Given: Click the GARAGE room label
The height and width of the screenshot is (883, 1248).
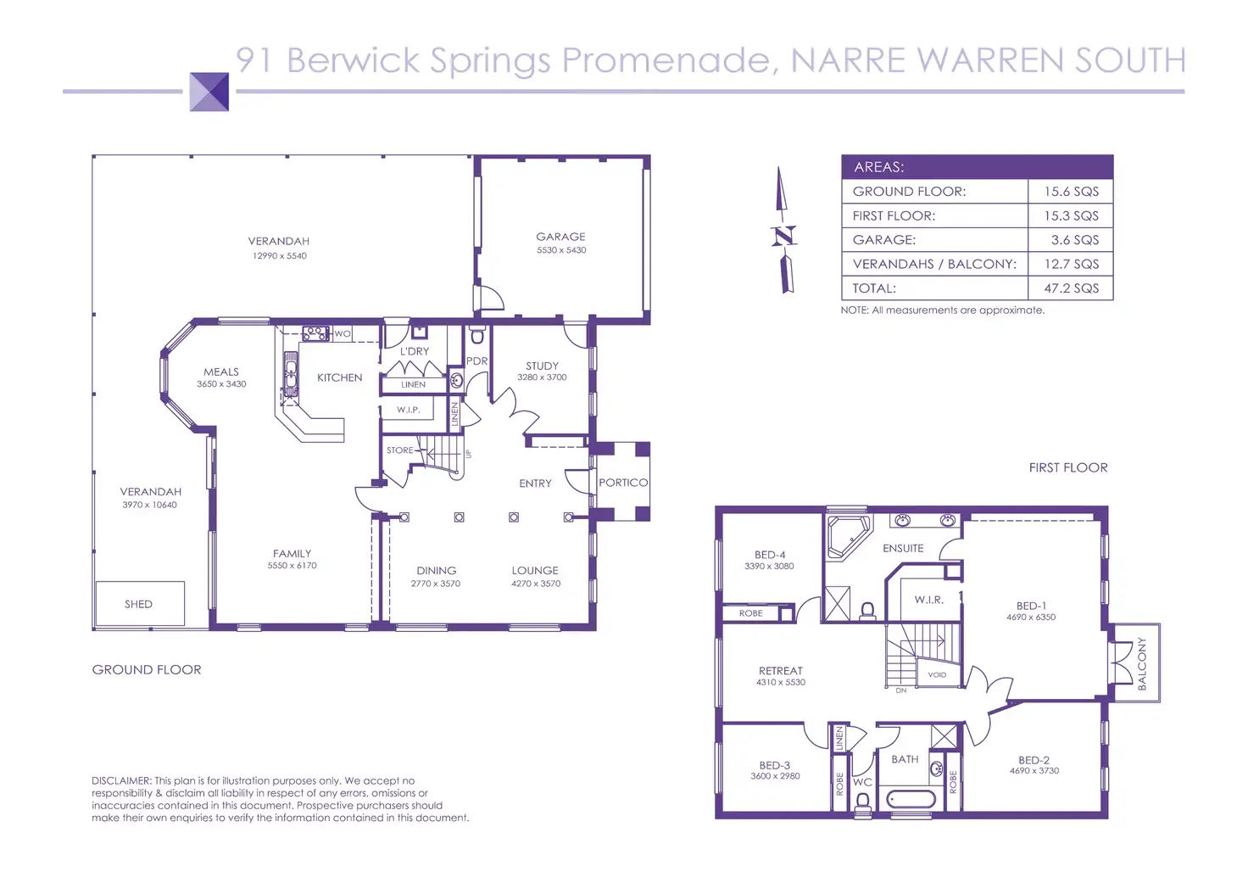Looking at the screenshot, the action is [560, 237].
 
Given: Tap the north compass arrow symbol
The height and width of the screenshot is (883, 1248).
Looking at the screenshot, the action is [784, 232].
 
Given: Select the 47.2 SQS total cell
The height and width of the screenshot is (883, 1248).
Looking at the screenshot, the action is [1071, 288].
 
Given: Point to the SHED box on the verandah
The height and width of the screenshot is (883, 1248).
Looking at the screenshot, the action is [139, 604].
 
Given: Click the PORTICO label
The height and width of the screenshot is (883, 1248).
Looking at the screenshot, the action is [623, 483].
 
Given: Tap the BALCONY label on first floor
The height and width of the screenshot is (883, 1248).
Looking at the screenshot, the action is [1141, 663].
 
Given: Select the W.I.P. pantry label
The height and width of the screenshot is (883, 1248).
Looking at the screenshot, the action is [409, 410].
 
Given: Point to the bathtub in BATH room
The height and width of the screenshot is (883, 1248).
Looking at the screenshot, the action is [911, 799].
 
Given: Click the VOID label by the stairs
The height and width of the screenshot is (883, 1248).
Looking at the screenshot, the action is [937, 675].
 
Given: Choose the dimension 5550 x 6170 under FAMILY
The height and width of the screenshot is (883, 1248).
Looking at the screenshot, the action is [292, 566].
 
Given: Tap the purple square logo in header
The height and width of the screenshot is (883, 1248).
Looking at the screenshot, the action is [209, 92].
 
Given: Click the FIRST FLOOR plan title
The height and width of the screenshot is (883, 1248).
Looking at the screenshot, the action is [1067, 467].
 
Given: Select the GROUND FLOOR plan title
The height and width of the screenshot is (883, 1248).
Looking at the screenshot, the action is [147, 669].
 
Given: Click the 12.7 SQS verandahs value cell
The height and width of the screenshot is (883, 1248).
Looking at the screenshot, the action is [1071, 264].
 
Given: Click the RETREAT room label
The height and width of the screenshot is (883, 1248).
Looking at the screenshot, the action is [780, 670].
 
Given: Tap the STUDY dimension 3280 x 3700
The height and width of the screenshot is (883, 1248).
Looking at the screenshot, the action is [542, 377].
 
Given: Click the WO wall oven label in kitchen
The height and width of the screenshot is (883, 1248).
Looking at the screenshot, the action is [342, 334].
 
